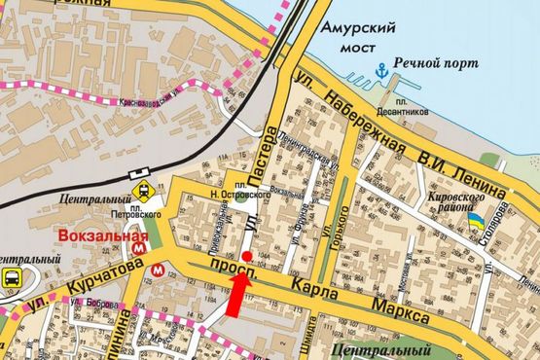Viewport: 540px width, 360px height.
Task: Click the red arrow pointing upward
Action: click(x=236, y=292)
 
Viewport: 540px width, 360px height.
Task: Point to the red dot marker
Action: click(x=247, y=257)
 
